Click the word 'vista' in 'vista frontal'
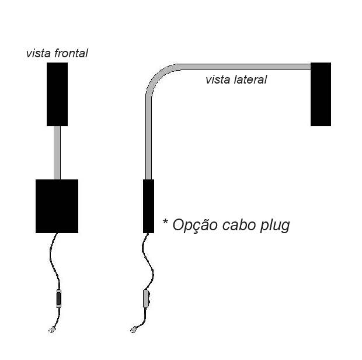[38, 53]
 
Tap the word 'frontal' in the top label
[71, 53]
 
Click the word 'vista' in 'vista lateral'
[217, 79]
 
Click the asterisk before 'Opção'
[165, 223]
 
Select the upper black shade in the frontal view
[57, 94]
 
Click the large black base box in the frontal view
[57, 206]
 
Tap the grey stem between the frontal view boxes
[57, 153]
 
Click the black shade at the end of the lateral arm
[321, 94]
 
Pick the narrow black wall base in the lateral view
[148, 206]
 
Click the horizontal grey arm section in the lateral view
[245, 67]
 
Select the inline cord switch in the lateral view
[146, 297]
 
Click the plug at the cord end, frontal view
[51, 329]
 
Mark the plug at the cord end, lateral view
[134, 329]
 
